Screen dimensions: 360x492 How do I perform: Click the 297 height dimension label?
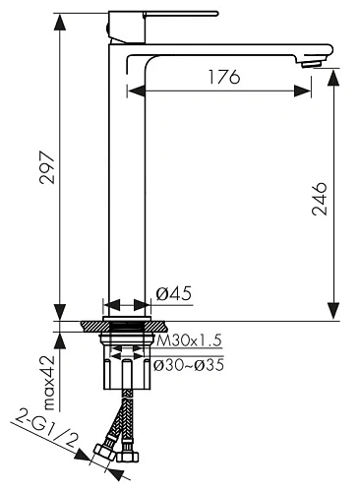pyautogui.click(x=48, y=167)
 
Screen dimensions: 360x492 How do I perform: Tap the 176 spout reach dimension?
pyautogui.click(x=224, y=77)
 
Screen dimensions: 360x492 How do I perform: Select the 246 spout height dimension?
pyautogui.click(x=320, y=199)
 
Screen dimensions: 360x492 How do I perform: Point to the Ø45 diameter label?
pyautogui.click(x=173, y=293)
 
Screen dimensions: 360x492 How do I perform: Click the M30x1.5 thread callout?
pyautogui.click(x=189, y=340)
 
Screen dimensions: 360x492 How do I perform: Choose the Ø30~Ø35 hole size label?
pyautogui.click(x=189, y=365)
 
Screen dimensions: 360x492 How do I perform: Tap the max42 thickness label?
pyautogui.click(x=50, y=383)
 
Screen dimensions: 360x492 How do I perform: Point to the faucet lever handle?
pyautogui.click(x=180, y=14)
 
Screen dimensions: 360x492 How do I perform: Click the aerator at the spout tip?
pyautogui.click(x=313, y=63)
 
